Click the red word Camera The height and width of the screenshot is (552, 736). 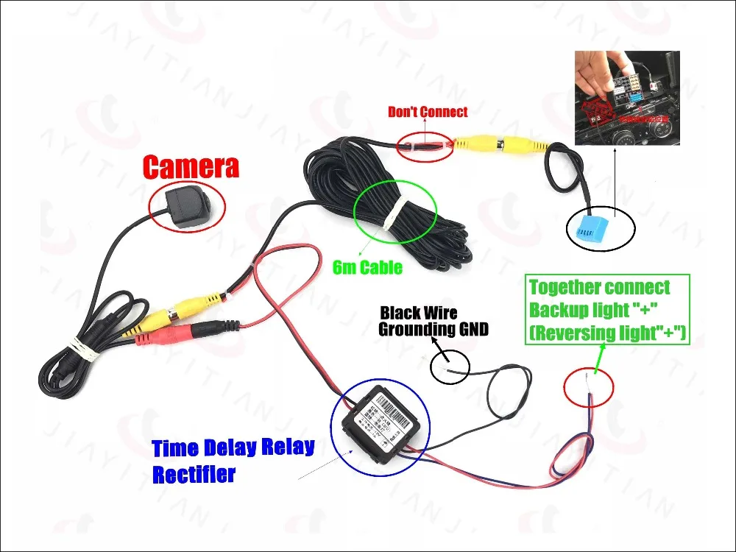(x=191, y=166)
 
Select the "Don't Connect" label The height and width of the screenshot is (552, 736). (x=428, y=112)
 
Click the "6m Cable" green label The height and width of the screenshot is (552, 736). (x=367, y=266)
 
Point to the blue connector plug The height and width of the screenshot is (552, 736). (x=592, y=230)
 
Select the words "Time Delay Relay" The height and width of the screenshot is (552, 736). (x=233, y=447)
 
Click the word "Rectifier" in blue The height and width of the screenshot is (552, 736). (x=194, y=475)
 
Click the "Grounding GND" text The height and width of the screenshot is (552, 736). (x=434, y=329)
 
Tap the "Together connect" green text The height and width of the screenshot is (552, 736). (x=599, y=287)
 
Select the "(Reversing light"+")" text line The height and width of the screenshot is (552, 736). (x=608, y=333)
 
